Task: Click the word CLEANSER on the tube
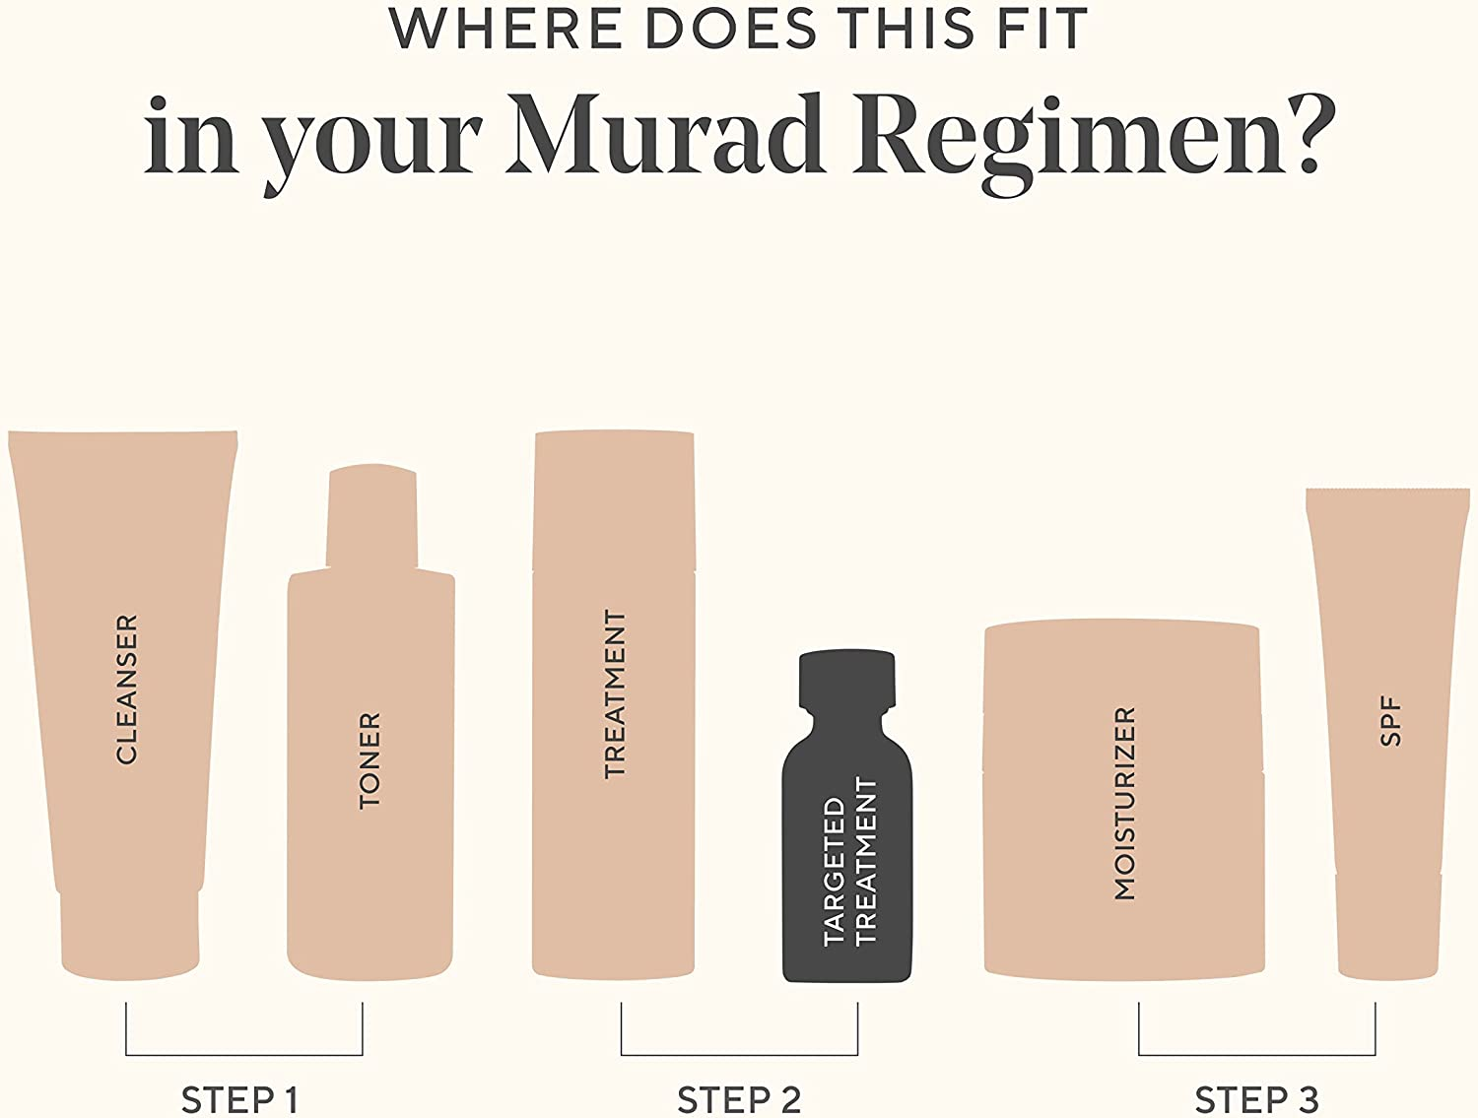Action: pyautogui.click(x=127, y=689)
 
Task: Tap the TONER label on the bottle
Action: pyautogui.click(x=369, y=760)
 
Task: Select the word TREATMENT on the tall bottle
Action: pyautogui.click(x=615, y=693)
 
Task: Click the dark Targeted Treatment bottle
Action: pyautogui.click(x=847, y=847)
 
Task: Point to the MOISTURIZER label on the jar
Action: pyautogui.click(x=1124, y=803)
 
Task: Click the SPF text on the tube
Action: pyautogui.click(x=1390, y=721)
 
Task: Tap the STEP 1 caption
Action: pyautogui.click(x=239, y=1099)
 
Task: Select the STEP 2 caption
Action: pyautogui.click(x=739, y=1099)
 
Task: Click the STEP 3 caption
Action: pyautogui.click(x=1256, y=1099)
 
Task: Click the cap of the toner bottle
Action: pyautogui.click(x=371, y=517)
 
